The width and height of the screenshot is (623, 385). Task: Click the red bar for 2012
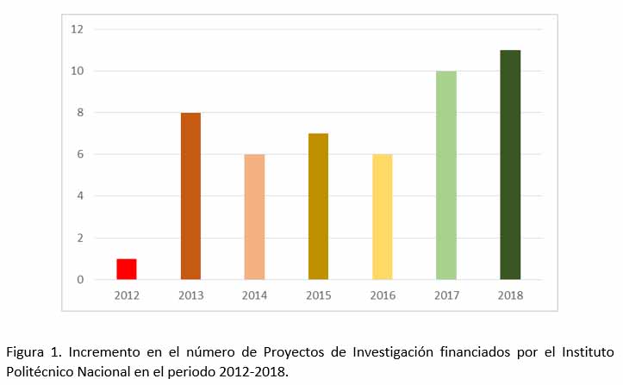(x=127, y=269)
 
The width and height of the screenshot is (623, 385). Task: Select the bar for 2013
(x=190, y=196)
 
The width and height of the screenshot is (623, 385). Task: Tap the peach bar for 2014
(x=254, y=217)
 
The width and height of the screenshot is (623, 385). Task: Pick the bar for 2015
(x=318, y=207)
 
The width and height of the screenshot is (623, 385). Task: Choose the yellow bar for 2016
(x=382, y=217)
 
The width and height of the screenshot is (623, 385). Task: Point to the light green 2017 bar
(x=445, y=176)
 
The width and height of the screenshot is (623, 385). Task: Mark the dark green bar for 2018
(x=510, y=165)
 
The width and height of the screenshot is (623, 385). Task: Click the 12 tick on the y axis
(x=78, y=29)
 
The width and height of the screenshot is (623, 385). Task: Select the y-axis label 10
(x=78, y=71)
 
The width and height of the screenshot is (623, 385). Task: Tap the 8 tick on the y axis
(x=79, y=113)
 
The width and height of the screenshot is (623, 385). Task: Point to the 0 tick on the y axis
(x=79, y=280)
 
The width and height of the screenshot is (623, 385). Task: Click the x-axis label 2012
(x=127, y=295)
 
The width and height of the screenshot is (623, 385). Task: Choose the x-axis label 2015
(x=318, y=295)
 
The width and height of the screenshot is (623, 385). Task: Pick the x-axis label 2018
(x=510, y=295)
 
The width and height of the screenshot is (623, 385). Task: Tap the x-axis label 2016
(x=382, y=295)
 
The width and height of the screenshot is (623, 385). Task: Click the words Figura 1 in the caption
(x=31, y=353)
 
